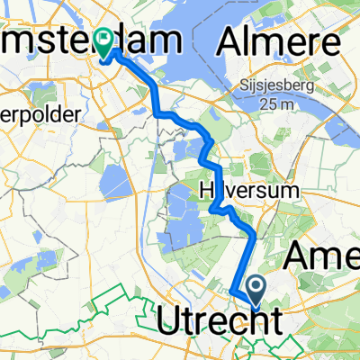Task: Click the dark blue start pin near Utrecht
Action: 255,289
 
